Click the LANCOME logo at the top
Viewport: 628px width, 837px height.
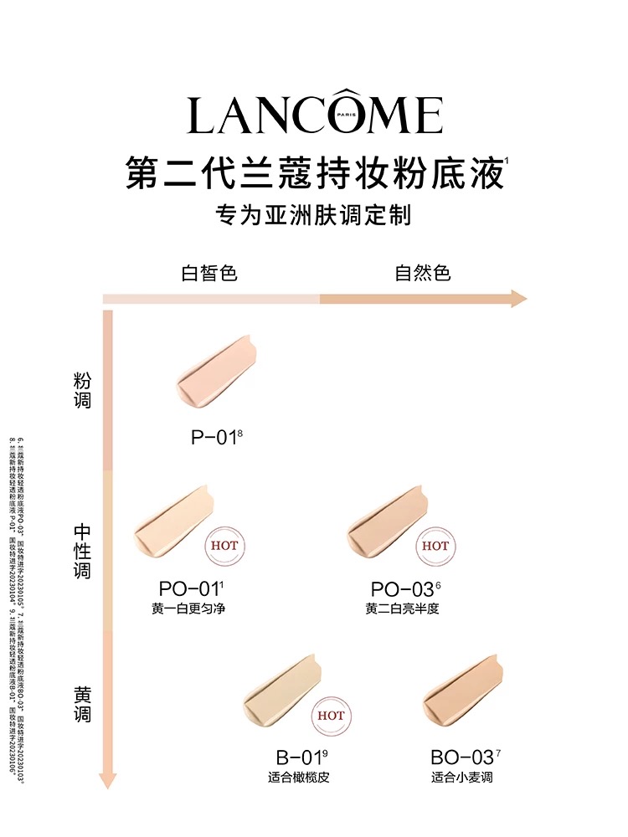click(314, 116)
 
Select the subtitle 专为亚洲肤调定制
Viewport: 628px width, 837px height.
click(314, 215)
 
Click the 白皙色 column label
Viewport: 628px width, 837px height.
click(209, 273)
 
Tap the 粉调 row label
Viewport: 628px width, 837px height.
click(82, 391)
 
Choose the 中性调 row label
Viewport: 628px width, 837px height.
click(82, 552)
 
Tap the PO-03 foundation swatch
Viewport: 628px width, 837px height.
click(387, 523)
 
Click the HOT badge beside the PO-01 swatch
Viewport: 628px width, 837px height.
click(224, 546)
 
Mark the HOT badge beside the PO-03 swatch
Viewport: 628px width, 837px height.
click(435, 546)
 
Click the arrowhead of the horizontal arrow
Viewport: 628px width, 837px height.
click(517, 299)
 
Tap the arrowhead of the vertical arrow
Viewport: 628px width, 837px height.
click(107, 781)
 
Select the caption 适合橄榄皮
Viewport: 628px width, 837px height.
click(299, 778)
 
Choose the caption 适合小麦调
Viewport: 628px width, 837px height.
click(462, 778)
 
